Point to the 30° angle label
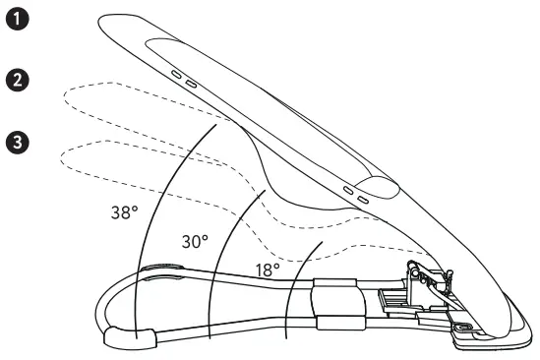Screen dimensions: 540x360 (x=195, y=241)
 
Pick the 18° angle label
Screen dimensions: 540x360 (x=267, y=267)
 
